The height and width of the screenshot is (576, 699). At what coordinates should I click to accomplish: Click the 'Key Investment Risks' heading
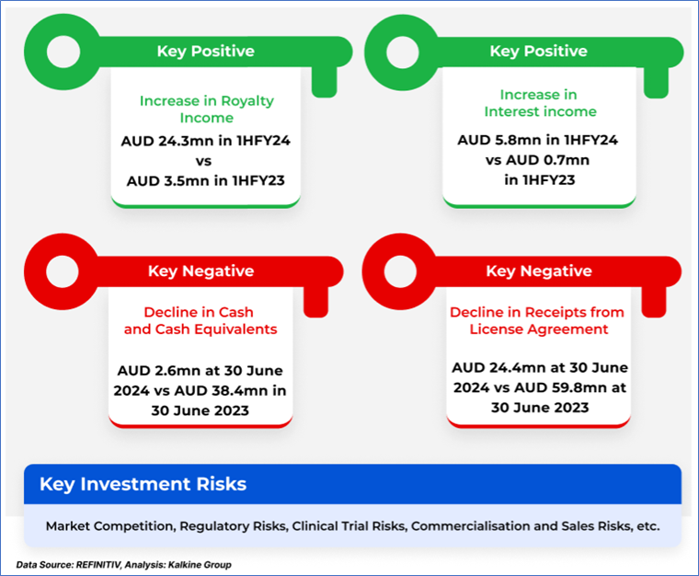[x=143, y=484]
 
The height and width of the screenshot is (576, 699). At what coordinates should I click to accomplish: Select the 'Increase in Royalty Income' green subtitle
[x=206, y=109]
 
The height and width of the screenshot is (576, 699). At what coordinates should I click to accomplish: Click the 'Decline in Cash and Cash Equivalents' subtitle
[x=201, y=320]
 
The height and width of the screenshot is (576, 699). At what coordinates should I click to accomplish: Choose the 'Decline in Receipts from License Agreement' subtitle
[x=537, y=320]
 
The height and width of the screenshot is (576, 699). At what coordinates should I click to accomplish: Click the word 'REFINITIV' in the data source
[x=98, y=565]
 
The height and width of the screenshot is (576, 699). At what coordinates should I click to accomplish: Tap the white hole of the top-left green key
[x=63, y=52]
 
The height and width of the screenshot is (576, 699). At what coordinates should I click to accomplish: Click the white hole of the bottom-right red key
[x=400, y=271]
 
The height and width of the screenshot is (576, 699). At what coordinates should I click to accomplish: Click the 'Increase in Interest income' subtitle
[x=540, y=103]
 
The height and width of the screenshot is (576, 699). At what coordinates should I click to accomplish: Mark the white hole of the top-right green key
[x=403, y=52]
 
